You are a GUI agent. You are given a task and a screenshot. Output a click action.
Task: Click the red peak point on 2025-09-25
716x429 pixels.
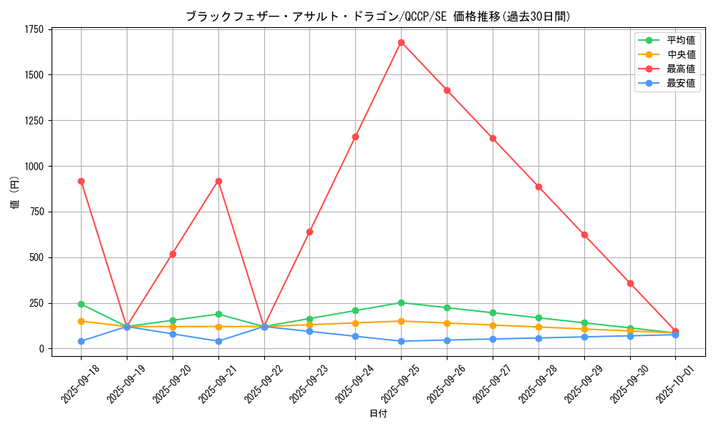pos(401,42)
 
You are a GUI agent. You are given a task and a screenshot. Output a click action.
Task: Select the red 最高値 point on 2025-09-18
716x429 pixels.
pos(81,181)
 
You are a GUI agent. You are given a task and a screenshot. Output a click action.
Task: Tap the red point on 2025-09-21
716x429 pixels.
pos(218,181)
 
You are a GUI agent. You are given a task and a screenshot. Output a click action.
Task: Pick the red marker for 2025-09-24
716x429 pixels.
pos(355,137)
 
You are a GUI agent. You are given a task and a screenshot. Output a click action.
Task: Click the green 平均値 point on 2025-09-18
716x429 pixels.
pos(81,304)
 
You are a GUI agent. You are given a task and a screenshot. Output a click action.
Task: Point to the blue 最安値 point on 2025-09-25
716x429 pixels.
pos(401,341)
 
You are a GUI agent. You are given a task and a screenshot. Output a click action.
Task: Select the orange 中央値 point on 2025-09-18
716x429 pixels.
pos(81,321)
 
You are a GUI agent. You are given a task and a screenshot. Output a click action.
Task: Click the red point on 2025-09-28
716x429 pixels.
pos(538,187)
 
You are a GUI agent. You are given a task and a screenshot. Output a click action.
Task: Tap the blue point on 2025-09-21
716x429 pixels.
pos(218,341)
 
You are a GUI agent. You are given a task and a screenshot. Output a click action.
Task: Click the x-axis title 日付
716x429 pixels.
pos(378,414)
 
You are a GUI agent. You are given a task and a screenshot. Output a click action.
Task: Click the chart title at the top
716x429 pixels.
pos(378,16)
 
